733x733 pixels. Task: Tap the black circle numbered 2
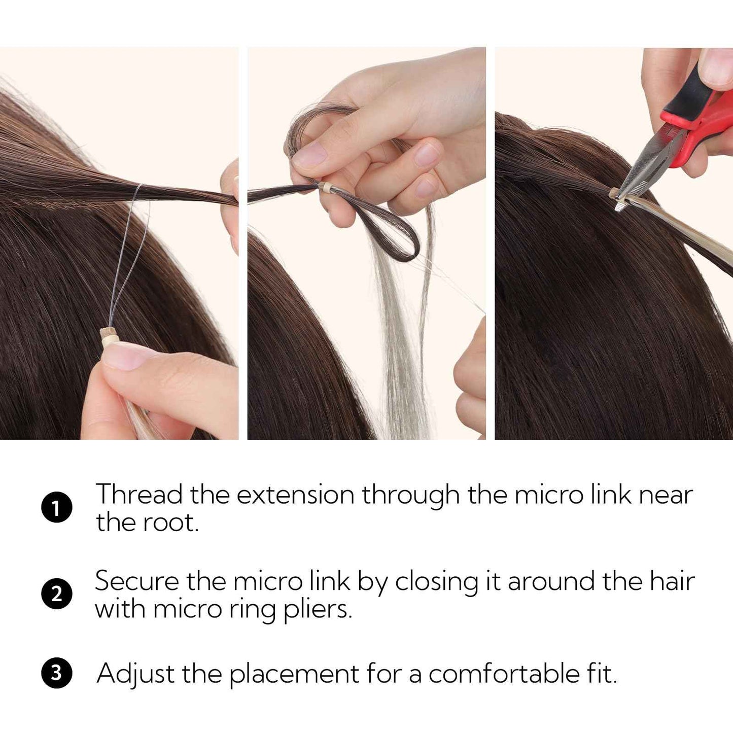coord(56,594)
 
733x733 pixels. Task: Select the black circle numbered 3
coord(56,673)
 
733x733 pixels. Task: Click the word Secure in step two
coord(136,581)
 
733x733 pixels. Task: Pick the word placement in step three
coord(294,674)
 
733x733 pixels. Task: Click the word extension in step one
coord(295,494)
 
